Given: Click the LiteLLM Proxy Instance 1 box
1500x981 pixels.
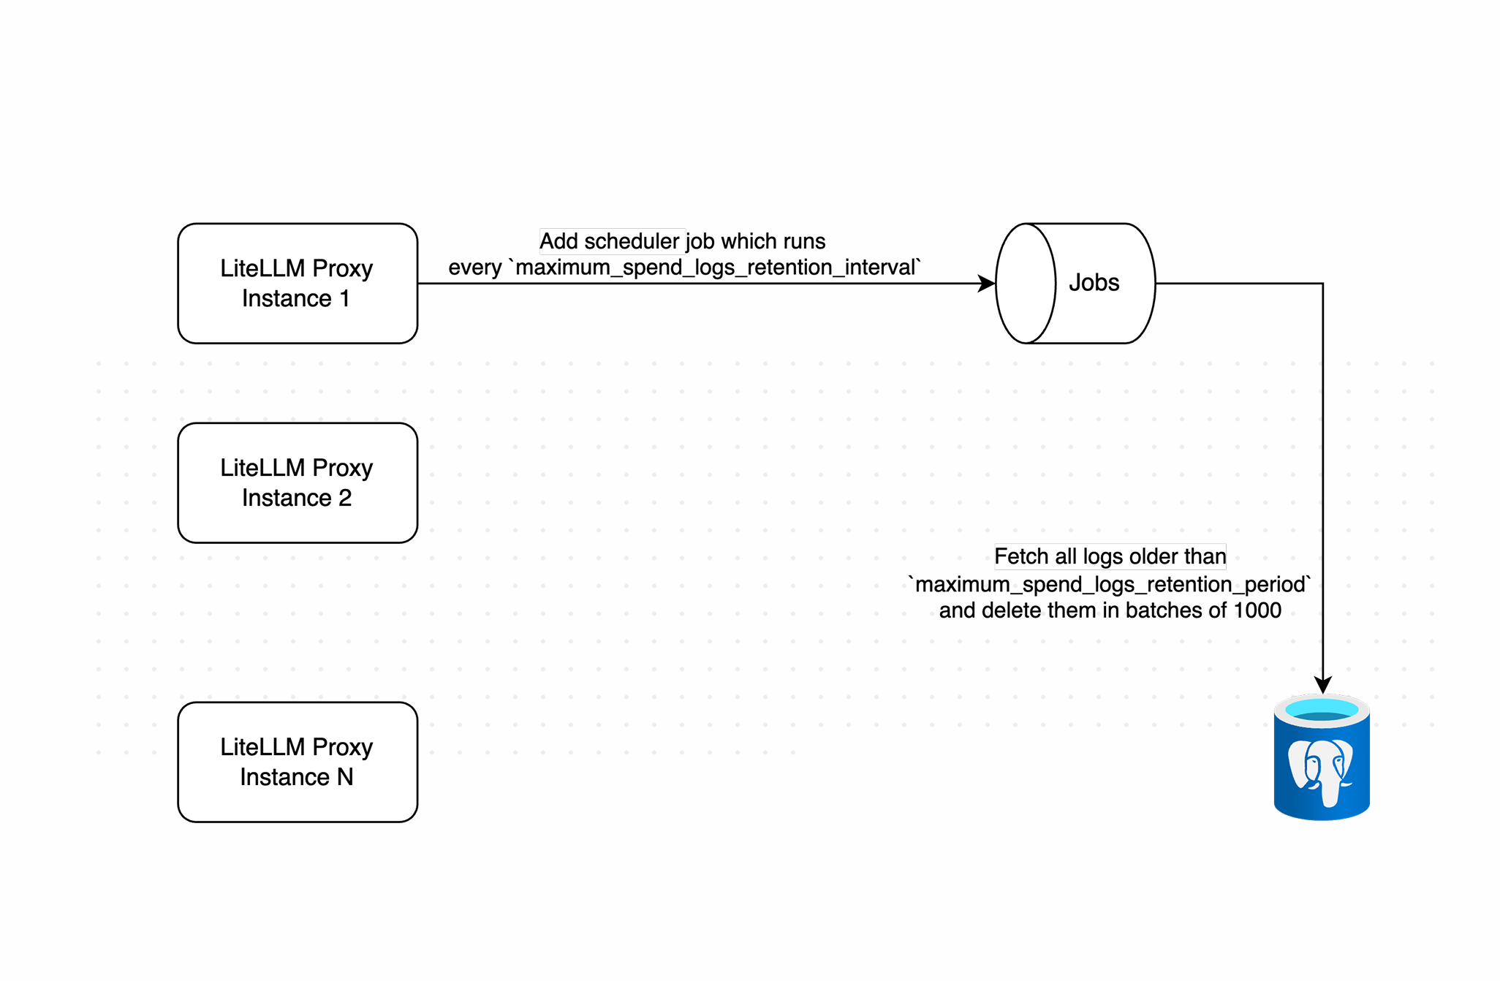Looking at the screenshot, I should click(297, 283).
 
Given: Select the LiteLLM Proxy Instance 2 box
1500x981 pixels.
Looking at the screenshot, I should click(297, 482).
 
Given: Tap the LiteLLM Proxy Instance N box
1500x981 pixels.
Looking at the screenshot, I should click(297, 762).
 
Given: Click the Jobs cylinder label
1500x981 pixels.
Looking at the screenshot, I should click(1094, 283).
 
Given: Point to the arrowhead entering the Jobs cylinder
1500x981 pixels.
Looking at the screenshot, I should click(987, 284).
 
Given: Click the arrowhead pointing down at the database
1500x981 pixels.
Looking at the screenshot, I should click(1322, 685).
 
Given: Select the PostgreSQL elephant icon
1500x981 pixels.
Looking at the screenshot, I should click(1321, 771).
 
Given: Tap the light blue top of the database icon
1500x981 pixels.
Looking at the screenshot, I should click(1322, 709).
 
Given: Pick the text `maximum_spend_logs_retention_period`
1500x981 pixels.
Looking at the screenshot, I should click(1110, 584).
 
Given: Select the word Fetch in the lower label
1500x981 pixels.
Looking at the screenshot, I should click(1021, 557).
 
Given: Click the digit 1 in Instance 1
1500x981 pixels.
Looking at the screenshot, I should click(344, 299).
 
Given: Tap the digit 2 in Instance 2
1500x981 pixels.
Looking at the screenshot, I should click(345, 499).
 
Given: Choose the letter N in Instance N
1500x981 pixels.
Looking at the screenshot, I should click(345, 777).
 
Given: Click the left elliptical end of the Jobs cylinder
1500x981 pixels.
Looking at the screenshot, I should click(1026, 284).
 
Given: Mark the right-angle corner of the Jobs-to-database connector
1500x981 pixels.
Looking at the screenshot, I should click(1322, 284).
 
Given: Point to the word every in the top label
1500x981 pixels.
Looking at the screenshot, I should click(474, 268).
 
